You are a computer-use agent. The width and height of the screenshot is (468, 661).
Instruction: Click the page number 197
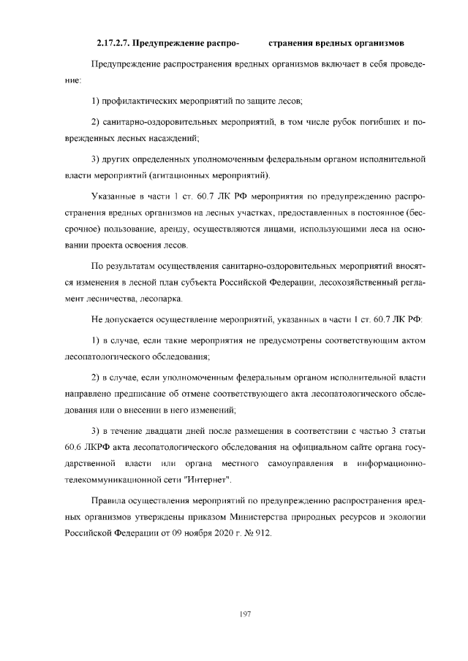pos(245,614)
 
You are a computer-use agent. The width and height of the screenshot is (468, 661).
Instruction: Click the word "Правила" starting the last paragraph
pos(107,500)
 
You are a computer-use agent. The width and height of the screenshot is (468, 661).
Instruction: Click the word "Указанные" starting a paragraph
pos(113,197)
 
